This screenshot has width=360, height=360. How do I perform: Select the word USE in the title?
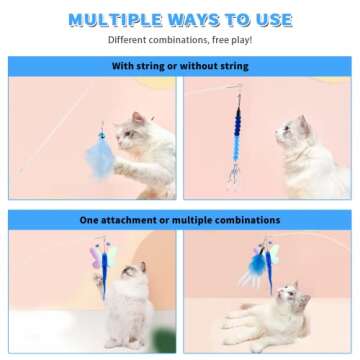(271, 20)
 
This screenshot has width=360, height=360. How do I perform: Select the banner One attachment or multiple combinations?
(180, 219)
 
